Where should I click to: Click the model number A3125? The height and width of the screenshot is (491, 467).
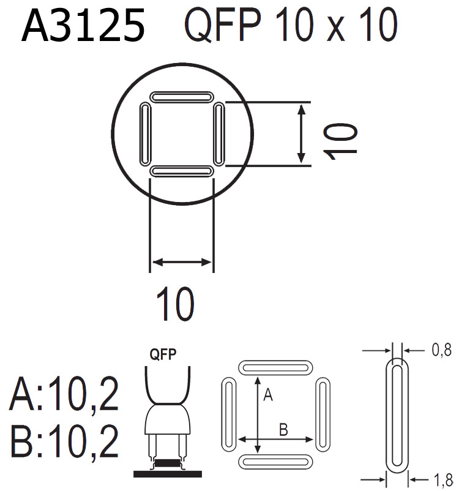coord(83,26)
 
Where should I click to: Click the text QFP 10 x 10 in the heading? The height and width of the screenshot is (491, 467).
coord(288,26)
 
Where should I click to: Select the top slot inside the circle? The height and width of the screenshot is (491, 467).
coord(182,97)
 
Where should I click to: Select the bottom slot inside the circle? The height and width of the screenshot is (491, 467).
coord(182,171)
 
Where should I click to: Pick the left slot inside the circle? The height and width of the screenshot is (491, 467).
coord(145,134)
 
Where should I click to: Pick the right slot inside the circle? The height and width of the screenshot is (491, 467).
coord(219,134)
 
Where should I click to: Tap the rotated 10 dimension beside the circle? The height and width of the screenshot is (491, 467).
coord(341,141)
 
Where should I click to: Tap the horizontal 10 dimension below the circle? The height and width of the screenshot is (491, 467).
coord(175,304)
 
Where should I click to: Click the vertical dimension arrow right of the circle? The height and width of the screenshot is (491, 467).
coord(301,133)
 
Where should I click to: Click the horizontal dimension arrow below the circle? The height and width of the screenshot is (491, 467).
coord(182,263)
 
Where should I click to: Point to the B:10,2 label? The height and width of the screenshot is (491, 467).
coord(64,443)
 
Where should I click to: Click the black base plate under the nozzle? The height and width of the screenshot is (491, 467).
coord(168,474)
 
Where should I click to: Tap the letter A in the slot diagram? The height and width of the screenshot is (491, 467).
coord(267,396)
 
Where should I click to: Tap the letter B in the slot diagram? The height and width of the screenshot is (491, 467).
coord(283,429)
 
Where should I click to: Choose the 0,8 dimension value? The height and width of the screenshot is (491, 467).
coord(441,351)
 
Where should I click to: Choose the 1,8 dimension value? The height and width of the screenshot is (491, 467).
coord(441,481)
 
